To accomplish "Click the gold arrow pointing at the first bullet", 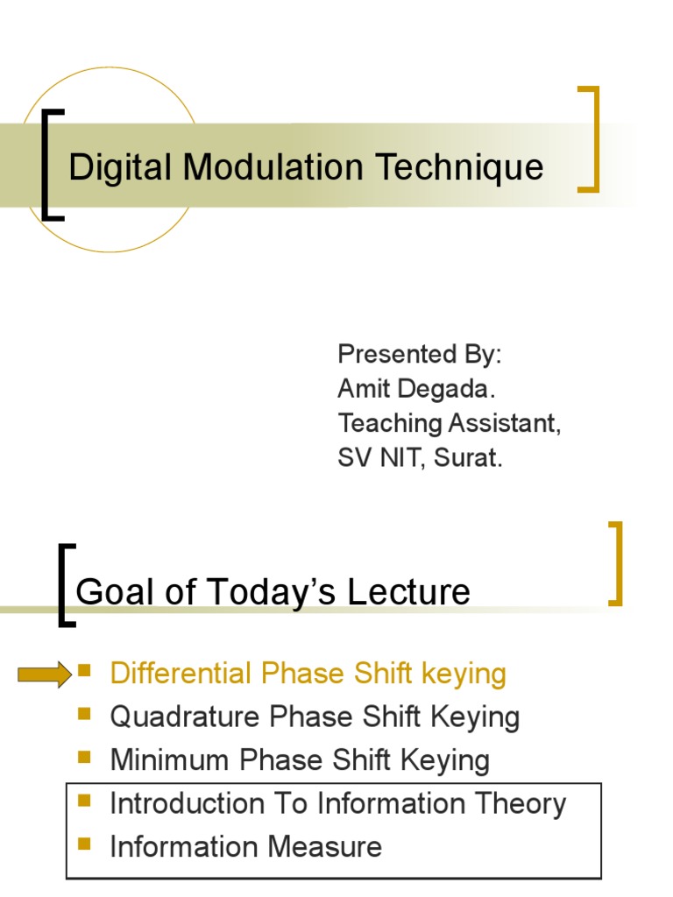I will (x=45, y=674).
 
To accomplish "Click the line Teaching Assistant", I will (x=449, y=423).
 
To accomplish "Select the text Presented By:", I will (x=420, y=355).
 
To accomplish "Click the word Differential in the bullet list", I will (x=180, y=674).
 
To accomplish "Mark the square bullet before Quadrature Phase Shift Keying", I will (x=85, y=715).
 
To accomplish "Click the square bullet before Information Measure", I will (x=85, y=844).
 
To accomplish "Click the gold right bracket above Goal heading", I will (x=617, y=563).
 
